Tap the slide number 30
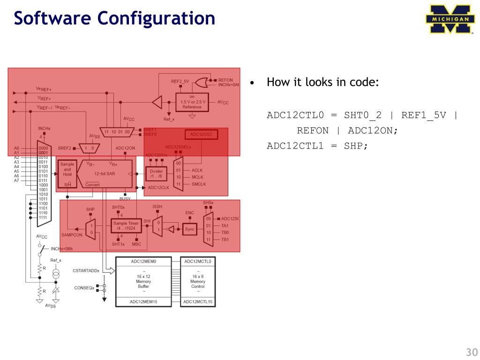pyautogui.click(x=471, y=352)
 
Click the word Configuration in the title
pyautogui.click(x=157, y=18)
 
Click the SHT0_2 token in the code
pyautogui.click(x=363, y=115)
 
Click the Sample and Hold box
pyautogui.click(x=67, y=169)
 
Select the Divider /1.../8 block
pyautogui.click(x=156, y=174)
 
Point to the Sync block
pyautogui.click(x=189, y=229)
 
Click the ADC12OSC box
pyautogui.click(x=201, y=135)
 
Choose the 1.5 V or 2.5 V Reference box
pyautogui.click(x=192, y=102)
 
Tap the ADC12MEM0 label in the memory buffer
pyautogui.click(x=143, y=261)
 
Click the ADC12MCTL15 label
pyautogui.click(x=198, y=302)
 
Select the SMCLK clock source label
pyautogui.click(x=199, y=184)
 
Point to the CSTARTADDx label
pyautogui.click(x=86, y=270)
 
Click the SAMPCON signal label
pyautogui.click(x=72, y=235)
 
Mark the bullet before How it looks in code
pyautogui.click(x=252, y=83)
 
